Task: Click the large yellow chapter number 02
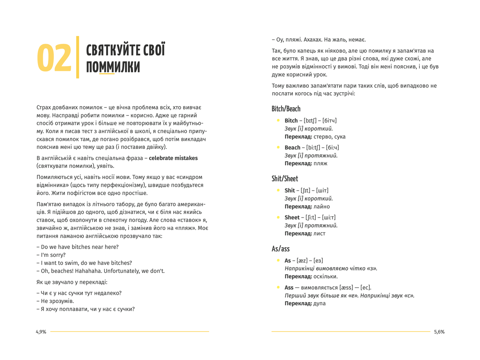click(54, 58)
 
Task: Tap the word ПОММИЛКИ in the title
click(113, 67)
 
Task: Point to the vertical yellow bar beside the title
click(78, 57)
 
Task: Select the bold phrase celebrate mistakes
click(173, 158)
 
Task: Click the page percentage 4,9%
click(41, 332)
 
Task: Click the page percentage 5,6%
click(439, 332)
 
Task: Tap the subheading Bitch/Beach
click(286, 109)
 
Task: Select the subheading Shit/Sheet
click(285, 179)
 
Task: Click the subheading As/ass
click(280, 249)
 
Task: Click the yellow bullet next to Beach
click(278, 147)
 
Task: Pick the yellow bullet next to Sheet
click(278, 217)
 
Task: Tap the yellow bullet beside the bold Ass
click(278, 287)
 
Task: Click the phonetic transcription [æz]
click(302, 261)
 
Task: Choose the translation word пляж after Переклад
click(320, 163)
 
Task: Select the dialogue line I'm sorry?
click(53, 255)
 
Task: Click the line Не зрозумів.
click(57, 301)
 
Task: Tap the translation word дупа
click(319, 303)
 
